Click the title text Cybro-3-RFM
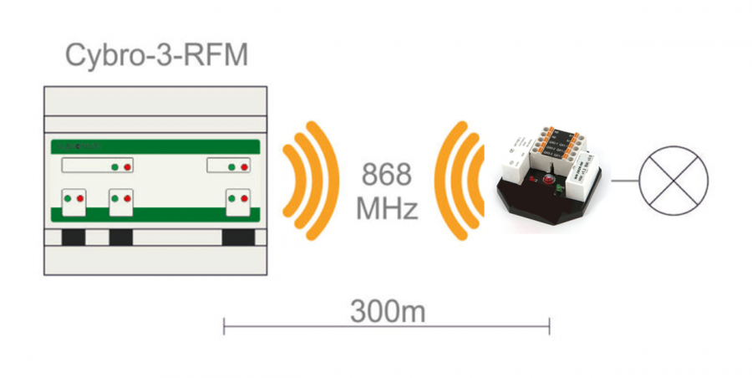coord(156,56)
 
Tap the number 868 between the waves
coord(386,176)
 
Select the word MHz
coord(386,208)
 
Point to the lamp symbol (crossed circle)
coord(673,179)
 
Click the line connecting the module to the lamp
coord(625,179)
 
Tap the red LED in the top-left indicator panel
coord(127,167)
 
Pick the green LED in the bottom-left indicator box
coord(69,199)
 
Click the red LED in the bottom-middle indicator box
coord(128,199)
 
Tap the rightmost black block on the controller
coord(237,237)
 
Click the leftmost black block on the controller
coord(74,237)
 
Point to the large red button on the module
coord(549,177)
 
